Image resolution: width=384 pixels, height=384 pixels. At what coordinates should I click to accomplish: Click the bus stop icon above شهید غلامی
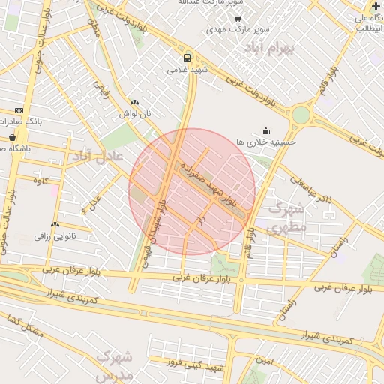(187, 57)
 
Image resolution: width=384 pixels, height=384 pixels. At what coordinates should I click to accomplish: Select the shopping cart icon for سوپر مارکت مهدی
(238, 19)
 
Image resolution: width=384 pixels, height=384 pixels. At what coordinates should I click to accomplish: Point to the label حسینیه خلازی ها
(266, 141)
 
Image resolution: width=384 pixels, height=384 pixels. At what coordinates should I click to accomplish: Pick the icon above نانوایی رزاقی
(55, 224)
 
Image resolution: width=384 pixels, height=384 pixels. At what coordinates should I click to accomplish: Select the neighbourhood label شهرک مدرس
(115, 364)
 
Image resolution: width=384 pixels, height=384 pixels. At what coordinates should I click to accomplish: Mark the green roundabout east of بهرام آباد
(301, 115)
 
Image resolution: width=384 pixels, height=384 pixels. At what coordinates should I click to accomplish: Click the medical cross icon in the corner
(376, 6)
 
